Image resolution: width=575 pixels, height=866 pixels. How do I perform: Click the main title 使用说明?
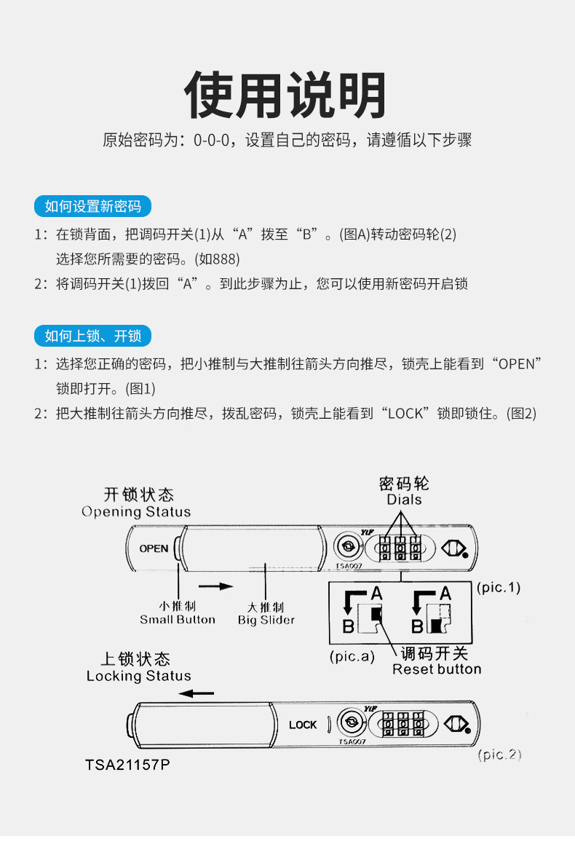coord(285,95)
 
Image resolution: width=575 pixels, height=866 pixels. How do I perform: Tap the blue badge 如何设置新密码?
coord(92,206)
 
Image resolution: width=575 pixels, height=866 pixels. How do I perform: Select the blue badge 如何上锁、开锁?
coord(92,335)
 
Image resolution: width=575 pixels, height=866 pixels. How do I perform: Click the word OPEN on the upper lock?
coord(154,548)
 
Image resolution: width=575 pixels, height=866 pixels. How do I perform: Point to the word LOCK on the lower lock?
coord(303,725)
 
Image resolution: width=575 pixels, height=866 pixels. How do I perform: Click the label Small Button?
coord(178,620)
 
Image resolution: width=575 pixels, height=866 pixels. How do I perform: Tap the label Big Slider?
coord(266,621)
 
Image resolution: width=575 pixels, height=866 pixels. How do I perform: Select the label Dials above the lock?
coord(404,500)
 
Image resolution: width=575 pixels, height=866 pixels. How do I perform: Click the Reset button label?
coord(437,669)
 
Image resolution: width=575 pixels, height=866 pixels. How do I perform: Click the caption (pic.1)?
coord(499,587)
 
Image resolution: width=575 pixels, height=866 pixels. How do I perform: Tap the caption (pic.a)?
coord(352,656)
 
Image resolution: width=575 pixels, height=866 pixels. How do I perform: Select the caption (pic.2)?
coord(499,755)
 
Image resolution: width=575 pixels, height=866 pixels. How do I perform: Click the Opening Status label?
coord(136,511)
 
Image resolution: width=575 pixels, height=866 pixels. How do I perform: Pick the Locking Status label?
coord(138,676)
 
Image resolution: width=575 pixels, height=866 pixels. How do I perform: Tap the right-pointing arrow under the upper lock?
coord(217,586)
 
